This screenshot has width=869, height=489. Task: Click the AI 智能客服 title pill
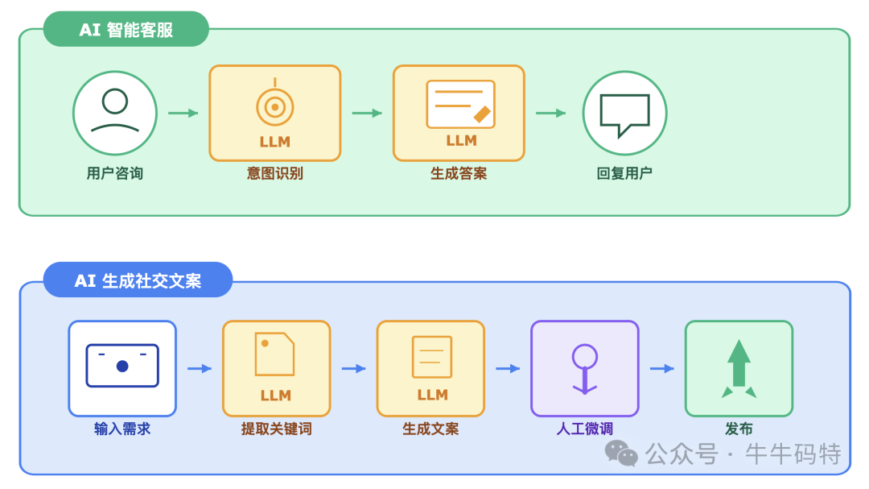click(126, 31)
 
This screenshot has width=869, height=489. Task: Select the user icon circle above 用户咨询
click(115, 113)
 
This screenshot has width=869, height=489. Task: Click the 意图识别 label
click(275, 173)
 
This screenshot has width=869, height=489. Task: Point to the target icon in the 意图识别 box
click(274, 106)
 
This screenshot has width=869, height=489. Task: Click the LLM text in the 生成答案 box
click(461, 141)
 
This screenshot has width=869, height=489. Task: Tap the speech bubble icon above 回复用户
click(624, 114)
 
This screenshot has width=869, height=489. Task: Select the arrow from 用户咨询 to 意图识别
click(183, 113)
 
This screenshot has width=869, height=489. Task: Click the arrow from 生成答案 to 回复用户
click(550, 113)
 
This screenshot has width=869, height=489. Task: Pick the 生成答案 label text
click(459, 173)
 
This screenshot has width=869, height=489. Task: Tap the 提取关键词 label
click(276, 429)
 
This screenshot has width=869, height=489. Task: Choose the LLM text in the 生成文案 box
click(432, 395)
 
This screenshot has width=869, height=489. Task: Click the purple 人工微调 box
click(585, 368)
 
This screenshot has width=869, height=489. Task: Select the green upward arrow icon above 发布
click(739, 367)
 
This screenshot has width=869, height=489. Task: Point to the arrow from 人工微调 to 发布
click(661, 368)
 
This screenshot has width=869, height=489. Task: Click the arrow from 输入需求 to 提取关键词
click(199, 368)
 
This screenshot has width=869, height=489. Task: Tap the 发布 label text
click(739, 429)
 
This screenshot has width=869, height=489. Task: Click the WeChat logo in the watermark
click(621, 453)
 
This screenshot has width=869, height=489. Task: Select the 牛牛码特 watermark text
click(793, 454)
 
